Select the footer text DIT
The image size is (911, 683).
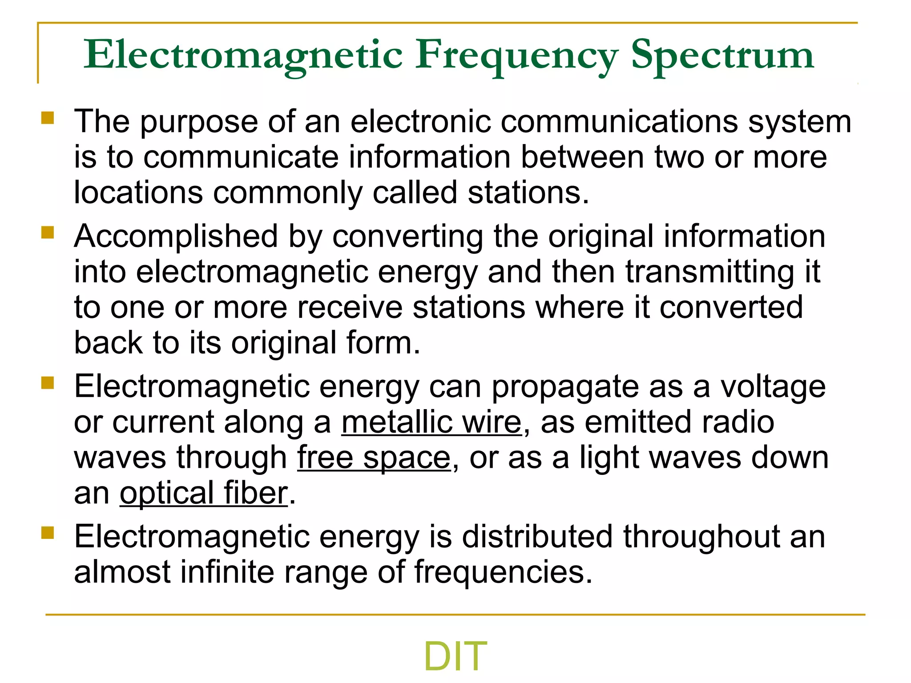click(x=455, y=656)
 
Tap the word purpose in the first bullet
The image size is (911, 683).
click(x=199, y=122)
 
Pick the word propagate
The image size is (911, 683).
click(x=565, y=387)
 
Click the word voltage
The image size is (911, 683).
click(x=773, y=387)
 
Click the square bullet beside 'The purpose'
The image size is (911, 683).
click(x=48, y=118)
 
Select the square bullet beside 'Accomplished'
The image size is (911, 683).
click(x=48, y=233)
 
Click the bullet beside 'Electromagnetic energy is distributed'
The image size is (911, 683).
click(x=48, y=533)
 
